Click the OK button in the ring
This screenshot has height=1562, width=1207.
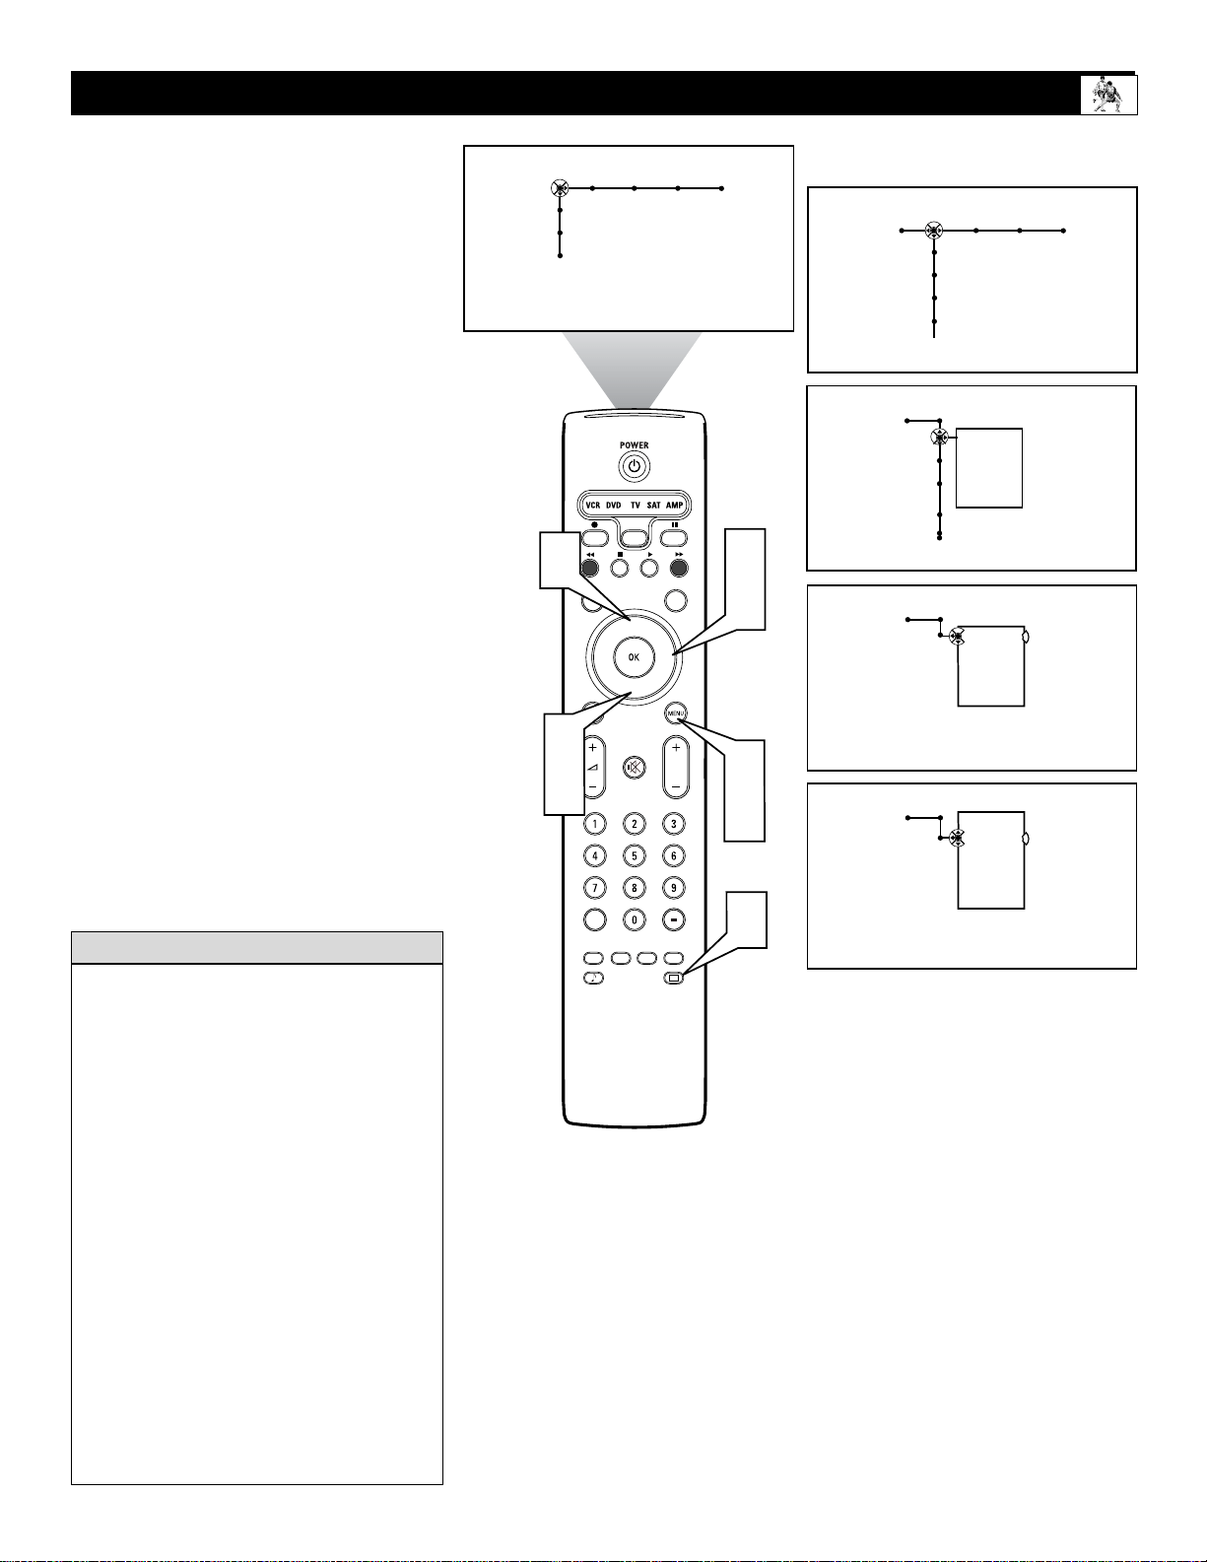(634, 657)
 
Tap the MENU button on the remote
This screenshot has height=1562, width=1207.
(675, 713)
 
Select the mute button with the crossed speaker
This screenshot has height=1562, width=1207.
(634, 768)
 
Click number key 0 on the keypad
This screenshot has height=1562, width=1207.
(634, 919)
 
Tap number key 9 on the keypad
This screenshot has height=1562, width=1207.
(673, 888)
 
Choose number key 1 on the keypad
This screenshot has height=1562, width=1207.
(594, 824)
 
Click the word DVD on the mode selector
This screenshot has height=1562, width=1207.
(613, 506)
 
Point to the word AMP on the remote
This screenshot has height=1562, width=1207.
(674, 506)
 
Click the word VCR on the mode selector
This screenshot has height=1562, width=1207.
(593, 506)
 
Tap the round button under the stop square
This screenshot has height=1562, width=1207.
(620, 568)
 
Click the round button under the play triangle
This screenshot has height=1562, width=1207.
(649, 568)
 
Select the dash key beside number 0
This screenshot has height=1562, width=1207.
(673, 919)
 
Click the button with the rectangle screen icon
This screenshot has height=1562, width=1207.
(673, 978)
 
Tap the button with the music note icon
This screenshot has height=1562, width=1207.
(593, 978)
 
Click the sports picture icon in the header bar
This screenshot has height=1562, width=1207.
(1107, 95)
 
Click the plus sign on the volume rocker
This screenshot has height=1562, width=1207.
(593, 748)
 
